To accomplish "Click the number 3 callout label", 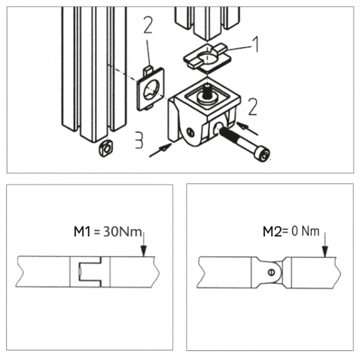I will click(x=138, y=142).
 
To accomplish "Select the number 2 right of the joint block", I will click(x=253, y=107).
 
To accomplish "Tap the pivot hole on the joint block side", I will click(x=190, y=131).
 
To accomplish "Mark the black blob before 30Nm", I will click(x=82, y=230).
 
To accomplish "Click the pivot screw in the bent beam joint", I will click(x=272, y=272).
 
